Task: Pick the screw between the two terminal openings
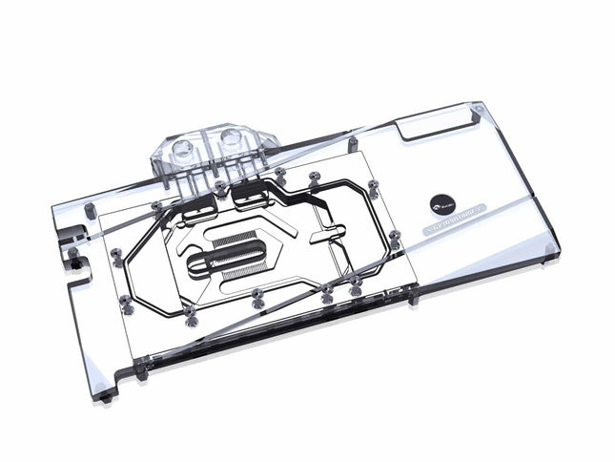pos(221,187)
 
